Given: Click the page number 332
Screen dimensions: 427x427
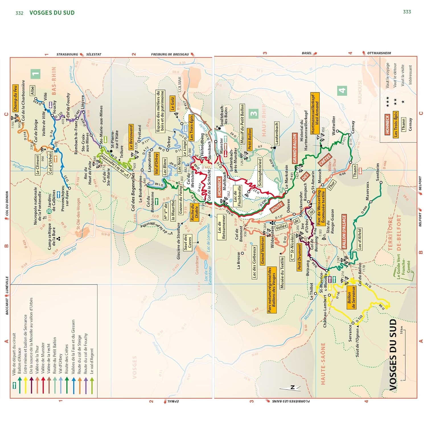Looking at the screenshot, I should click(19, 13).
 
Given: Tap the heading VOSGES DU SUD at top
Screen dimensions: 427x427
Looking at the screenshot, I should click(52, 13).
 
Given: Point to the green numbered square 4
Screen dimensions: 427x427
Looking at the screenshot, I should click(342, 91).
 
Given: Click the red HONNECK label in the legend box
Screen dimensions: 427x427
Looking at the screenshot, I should click(387, 124).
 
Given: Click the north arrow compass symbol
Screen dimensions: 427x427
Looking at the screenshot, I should click(290, 388).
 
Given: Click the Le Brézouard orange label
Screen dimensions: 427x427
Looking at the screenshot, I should click(131, 137).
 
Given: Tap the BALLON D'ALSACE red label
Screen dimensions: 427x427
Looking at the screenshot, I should click(344, 231).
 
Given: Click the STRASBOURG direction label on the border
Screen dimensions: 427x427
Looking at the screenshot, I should click(67, 54).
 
